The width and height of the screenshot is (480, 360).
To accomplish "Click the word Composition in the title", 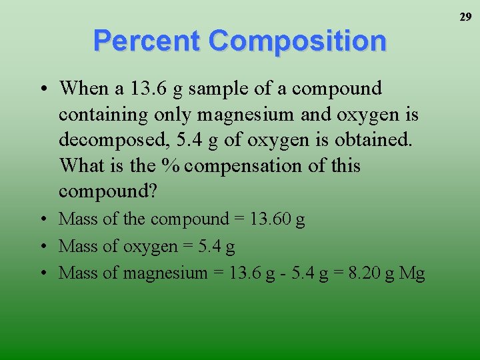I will [297, 41].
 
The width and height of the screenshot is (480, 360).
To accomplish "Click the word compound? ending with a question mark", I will [108, 191].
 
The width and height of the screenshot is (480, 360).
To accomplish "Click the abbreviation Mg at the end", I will [412, 273].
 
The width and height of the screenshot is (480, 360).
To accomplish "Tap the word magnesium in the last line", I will [167, 273].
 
